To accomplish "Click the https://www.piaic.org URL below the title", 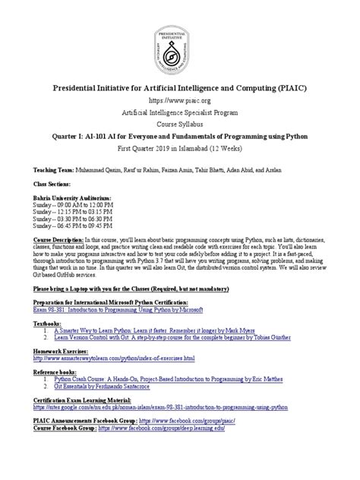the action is click(x=180, y=99).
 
